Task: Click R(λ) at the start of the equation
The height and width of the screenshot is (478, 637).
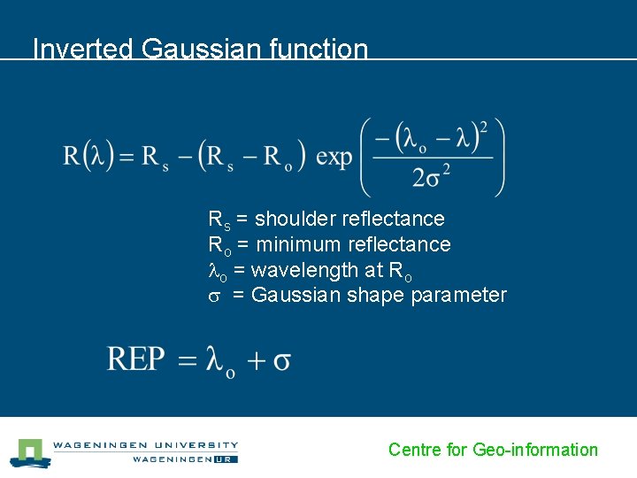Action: tap(88, 158)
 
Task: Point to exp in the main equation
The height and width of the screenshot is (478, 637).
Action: tap(334, 158)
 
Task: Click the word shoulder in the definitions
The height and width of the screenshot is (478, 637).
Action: tap(296, 219)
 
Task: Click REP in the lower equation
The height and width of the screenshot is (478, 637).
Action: tap(136, 359)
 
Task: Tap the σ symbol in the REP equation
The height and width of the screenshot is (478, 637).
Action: tap(282, 361)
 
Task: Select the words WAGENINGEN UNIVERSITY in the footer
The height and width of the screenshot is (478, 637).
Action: tap(145, 445)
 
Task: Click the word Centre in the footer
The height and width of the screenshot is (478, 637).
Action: tap(415, 450)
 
